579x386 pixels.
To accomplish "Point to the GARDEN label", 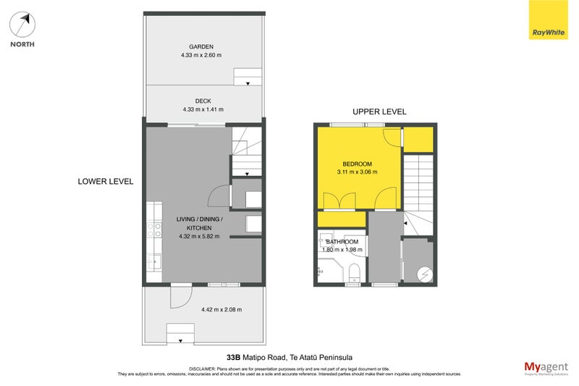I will click(202, 46).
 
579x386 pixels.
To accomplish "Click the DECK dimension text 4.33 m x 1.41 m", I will click(203, 109).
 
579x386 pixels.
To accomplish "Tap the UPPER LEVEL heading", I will click(379, 112).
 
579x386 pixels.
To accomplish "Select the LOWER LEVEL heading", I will click(106, 182).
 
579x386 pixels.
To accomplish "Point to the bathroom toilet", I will click(354, 272).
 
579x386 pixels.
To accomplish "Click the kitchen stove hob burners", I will click(154, 230).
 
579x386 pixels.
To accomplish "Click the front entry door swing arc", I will click(181, 296).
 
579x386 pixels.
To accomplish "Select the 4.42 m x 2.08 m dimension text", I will click(221, 310).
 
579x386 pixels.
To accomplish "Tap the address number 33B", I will click(232, 356).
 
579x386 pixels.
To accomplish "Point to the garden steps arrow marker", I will click(248, 83).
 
